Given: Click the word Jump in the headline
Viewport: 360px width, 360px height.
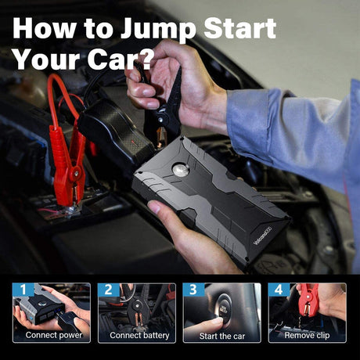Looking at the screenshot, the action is [x=158, y=29].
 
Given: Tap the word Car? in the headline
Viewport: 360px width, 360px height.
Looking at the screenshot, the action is [x=119, y=59].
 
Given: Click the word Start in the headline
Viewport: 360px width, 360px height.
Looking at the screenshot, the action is [x=239, y=28].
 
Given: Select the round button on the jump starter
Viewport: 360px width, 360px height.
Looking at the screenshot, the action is [x=181, y=170].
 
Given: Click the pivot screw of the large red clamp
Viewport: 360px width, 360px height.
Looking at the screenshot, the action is [x=77, y=173].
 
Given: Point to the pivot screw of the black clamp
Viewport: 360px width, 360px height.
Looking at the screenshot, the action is [x=160, y=120].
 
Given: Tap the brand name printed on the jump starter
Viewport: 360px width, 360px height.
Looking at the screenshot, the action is [x=262, y=236].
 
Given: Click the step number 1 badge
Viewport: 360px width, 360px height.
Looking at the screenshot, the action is [x=23, y=290].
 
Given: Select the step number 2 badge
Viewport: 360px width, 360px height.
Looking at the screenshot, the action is [x=109, y=290].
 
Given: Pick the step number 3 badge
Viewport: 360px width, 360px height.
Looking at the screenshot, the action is [x=193, y=290].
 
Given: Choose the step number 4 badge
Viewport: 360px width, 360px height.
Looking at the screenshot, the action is [x=279, y=290].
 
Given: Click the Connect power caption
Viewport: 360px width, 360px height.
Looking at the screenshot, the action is [x=54, y=335].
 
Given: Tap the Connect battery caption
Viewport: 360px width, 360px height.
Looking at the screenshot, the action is [x=139, y=335].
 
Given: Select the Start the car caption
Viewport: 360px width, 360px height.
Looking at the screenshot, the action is [x=222, y=336].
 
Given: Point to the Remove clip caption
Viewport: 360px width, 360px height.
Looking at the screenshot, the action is [x=307, y=335].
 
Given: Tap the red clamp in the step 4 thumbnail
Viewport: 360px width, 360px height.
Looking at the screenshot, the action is [x=308, y=300].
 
